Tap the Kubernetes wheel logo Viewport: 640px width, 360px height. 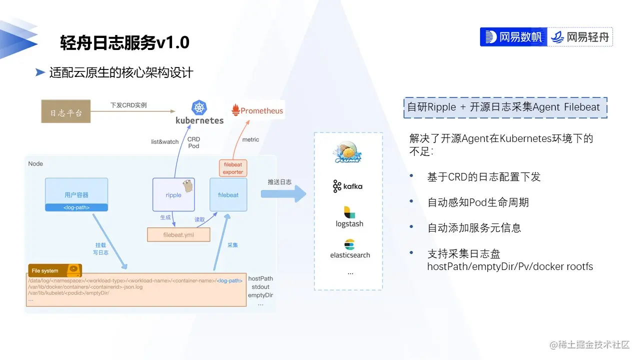coord(199,107)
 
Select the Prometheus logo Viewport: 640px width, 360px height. coord(257,111)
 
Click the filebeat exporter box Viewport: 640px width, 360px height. coord(233,168)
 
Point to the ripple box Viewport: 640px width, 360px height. coord(173,194)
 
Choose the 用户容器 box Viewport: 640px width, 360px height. coord(76,194)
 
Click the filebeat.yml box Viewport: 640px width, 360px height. coord(178,234)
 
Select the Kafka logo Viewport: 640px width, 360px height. coord(347,186)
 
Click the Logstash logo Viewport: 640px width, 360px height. coord(349,217)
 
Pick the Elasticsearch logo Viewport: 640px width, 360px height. coord(349,249)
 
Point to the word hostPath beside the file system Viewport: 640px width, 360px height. coord(260,278)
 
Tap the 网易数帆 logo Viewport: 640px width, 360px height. coord(513,37)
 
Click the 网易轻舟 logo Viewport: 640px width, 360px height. coord(580,37)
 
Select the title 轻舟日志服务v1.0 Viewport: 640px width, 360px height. coord(124,43)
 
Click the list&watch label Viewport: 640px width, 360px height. coord(164,142)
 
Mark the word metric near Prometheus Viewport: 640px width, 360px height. coord(250,140)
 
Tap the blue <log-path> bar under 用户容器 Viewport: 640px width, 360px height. coord(76,207)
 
